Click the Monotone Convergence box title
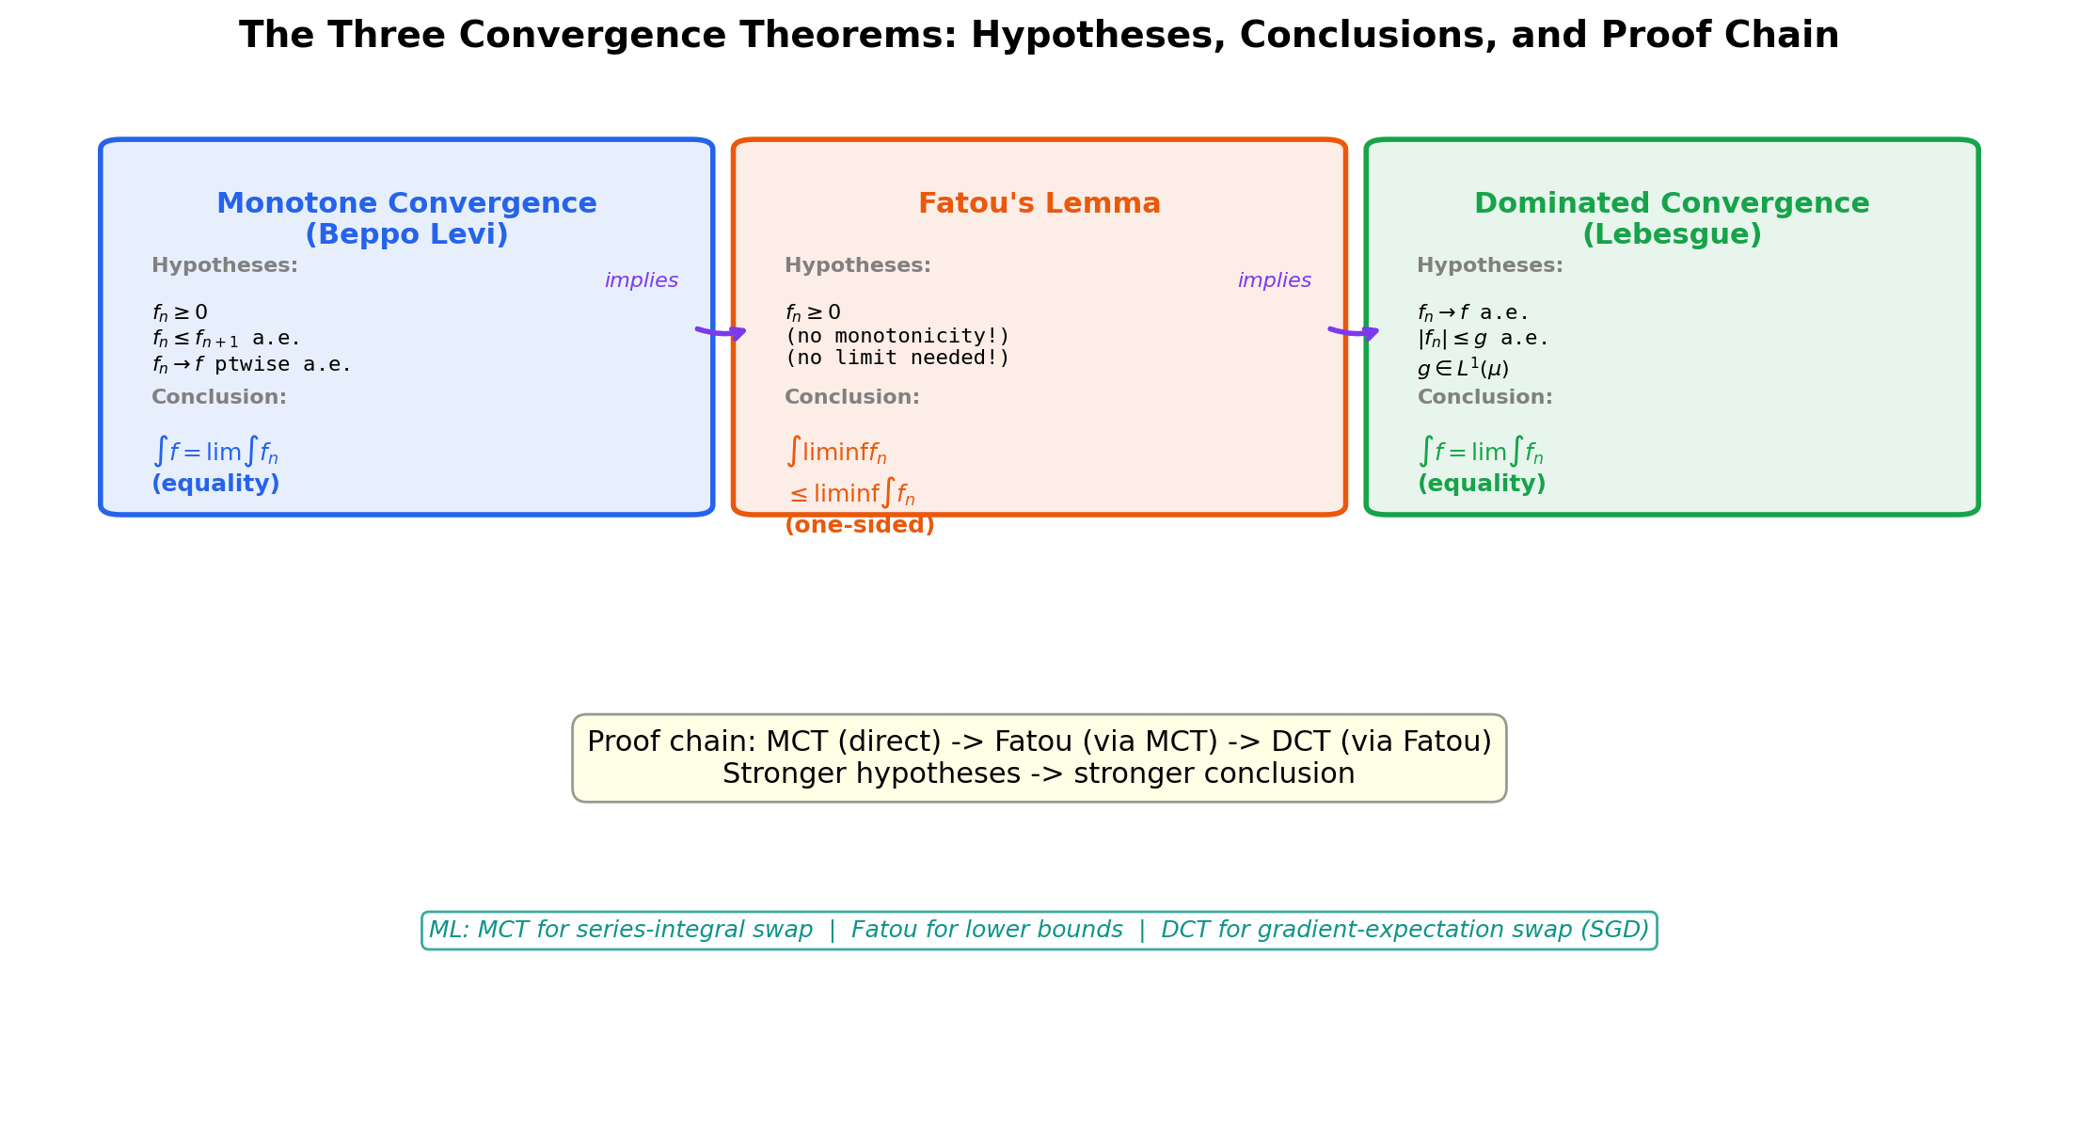point(406,218)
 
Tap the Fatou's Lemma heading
point(1039,204)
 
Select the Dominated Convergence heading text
point(1671,218)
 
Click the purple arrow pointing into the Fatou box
point(722,332)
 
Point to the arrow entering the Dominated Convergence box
point(1355,332)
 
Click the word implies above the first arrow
point(641,281)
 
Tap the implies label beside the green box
point(1274,281)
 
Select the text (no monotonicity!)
point(897,337)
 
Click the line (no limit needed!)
point(897,359)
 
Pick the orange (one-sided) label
point(859,526)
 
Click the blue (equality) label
point(215,485)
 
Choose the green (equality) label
point(1481,485)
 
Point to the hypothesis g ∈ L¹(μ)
point(1462,369)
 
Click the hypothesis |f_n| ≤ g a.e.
point(1481,339)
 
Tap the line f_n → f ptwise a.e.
point(251,365)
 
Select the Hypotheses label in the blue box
point(224,266)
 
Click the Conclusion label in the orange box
point(851,398)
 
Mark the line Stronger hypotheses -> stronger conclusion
point(1039,774)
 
